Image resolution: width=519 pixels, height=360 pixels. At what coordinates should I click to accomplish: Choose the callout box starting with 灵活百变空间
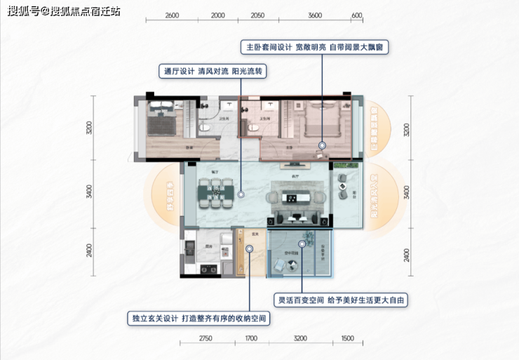click(x=342, y=300)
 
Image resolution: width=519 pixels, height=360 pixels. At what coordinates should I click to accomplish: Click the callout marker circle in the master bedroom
click(x=321, y=146)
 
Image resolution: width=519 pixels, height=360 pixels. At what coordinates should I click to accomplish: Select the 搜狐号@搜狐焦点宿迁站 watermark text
click(x=60, y=11)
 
